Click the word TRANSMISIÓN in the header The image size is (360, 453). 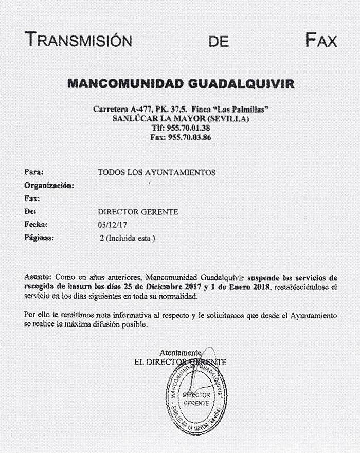pos(78,40)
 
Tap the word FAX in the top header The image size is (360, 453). pos(320,40)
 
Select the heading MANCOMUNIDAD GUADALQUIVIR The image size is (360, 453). pos(181,83)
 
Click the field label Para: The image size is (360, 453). pos(34,172)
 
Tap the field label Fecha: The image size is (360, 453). pos(36,225)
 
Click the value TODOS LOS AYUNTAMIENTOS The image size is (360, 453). pos(156,172)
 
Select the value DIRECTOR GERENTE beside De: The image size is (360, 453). pos(138,211)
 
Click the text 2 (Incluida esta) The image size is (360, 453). pos(128,239)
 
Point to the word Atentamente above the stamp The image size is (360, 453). pos(179,353)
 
